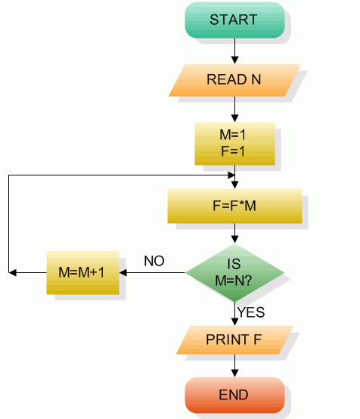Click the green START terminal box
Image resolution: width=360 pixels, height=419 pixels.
click(x=234, y=20)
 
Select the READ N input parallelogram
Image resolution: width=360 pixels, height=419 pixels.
click(x=234, y=80)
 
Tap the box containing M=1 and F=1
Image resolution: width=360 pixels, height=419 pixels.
click(x=234, y=144)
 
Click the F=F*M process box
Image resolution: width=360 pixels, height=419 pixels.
click(x=234, y=206)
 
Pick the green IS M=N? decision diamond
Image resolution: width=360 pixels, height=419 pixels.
click(x=234, y=272)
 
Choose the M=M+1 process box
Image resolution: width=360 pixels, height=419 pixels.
click(x=82, y=272)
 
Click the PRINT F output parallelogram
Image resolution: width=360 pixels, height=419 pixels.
click(x=234, y=340)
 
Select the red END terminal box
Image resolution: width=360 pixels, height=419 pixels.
click(x=234, y=395)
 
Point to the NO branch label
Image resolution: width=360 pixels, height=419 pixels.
click(x=154, y=261)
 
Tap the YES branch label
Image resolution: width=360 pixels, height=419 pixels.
click(x=251, y=312)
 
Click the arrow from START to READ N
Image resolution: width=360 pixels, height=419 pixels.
click(x=234, y=51)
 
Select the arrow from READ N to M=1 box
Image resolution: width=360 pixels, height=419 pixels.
click(x=234, y=110)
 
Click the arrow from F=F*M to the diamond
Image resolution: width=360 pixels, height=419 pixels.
click(x=234, y=233)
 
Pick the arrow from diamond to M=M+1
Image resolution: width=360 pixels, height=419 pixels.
click(x=152, y=272)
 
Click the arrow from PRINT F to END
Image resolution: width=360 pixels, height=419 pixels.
click(x=234, y=366)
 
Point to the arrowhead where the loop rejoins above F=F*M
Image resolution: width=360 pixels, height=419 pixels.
click(x=231, y=175)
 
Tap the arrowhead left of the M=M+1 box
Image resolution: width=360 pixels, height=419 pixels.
click(x=13, y=272)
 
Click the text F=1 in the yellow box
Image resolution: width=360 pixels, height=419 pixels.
click(x=233, y=151)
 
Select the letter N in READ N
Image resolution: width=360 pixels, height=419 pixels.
click(x=256, y=79)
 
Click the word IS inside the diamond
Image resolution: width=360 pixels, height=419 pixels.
click(x=234, y=264)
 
